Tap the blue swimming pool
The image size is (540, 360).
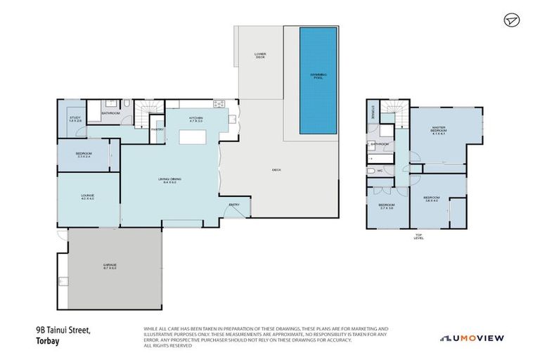pyautogui.click(x=318, y=80)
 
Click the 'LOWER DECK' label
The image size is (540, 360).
pyautogui.click(x=261, y=56)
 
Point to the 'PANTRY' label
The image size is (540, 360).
pyautogui.click(x=157, y=129)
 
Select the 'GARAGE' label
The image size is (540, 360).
pyautogui.click(x=109, y=266)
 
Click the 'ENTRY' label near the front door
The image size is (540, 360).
pyautogui.click(x=234, y=205)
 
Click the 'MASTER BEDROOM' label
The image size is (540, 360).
pyautogui.click(x=439, y=129)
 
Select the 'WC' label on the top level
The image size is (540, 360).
pyautogui.click(x=380, y=170)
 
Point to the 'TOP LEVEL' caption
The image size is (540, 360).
pyautogui.click(x=418, y=237)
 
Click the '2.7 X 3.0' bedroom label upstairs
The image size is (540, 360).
pyautogui.click(x=386, y=208)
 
